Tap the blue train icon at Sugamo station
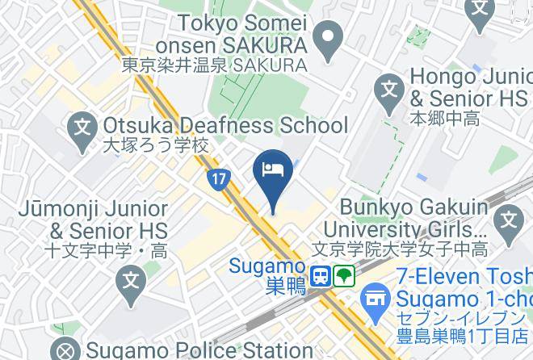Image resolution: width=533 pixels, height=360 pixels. pyautogui.click(x=321, y=276)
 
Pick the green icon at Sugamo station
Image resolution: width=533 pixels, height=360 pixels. pyautogui.click(x=345, y=276)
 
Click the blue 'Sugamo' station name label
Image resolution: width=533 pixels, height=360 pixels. pyautogui.click(x=266, y=266)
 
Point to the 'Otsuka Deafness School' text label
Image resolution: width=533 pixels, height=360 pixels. pyautogui.click(x=225, y=126)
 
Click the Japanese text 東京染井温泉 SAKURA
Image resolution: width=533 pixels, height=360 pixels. pyautogui.click(x=215, y=65)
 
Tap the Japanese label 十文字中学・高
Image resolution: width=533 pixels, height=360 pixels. pyautogui.click(x=91, y=250)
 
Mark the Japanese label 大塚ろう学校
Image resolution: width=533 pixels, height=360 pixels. pyautogui.click(x=156, y=147)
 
